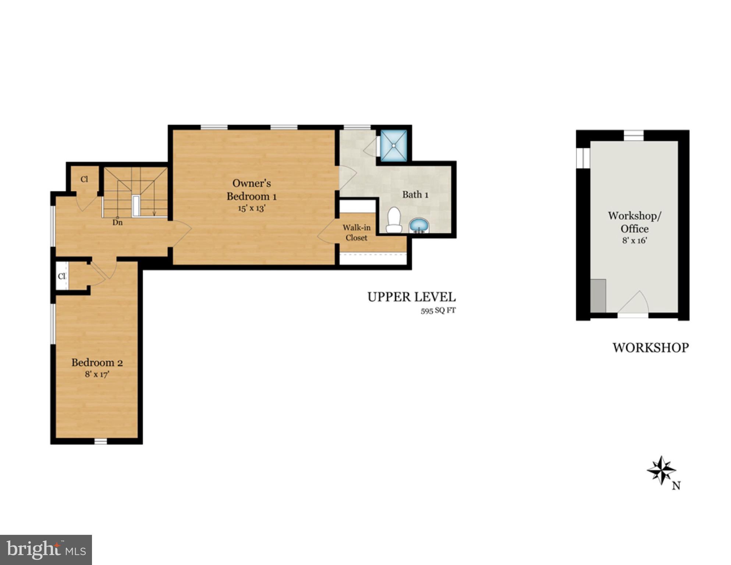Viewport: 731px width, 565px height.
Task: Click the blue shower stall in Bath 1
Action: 393,145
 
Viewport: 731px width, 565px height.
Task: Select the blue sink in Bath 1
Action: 419,225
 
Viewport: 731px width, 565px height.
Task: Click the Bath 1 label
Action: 415,195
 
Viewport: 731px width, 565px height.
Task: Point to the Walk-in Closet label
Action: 356,232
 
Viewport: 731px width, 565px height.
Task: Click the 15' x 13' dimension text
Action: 252,208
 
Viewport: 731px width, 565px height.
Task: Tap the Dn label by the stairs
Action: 117,223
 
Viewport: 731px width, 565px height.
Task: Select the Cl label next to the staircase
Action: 84,179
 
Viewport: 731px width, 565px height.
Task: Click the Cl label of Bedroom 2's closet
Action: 62,276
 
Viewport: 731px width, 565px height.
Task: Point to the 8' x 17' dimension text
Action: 97,374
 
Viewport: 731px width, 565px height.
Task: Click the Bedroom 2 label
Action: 97,363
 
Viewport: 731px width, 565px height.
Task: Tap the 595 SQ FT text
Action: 438,311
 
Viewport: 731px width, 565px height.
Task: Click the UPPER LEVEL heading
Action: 411,297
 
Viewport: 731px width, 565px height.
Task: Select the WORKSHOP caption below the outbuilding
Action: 650,348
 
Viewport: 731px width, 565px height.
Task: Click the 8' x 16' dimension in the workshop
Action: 634,241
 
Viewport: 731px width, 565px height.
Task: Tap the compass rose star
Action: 661,470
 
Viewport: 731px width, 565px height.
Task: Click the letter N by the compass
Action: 676,486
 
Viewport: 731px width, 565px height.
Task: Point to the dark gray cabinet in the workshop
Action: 598,296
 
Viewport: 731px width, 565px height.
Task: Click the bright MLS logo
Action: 46,550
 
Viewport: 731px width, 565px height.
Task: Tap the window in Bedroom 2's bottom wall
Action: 100,441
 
